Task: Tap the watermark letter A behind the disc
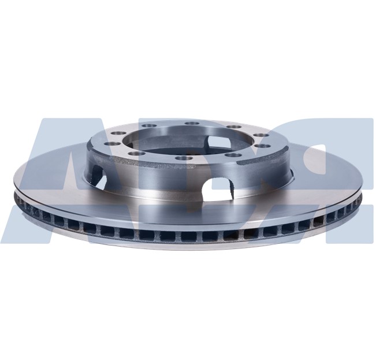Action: [46, 173]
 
